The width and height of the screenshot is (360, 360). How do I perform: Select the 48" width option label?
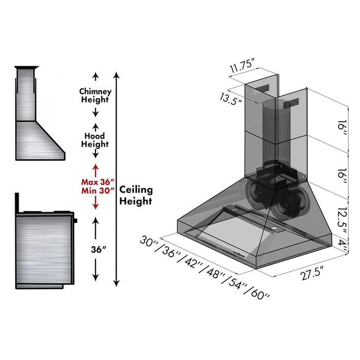point(213,272)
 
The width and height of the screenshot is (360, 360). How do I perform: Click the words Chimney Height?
point(94,96)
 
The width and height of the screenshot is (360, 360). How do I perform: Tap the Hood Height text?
point(95,140)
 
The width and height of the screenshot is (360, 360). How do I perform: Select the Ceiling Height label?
point(136,195)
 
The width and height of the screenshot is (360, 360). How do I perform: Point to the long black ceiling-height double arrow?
point(117,180)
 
